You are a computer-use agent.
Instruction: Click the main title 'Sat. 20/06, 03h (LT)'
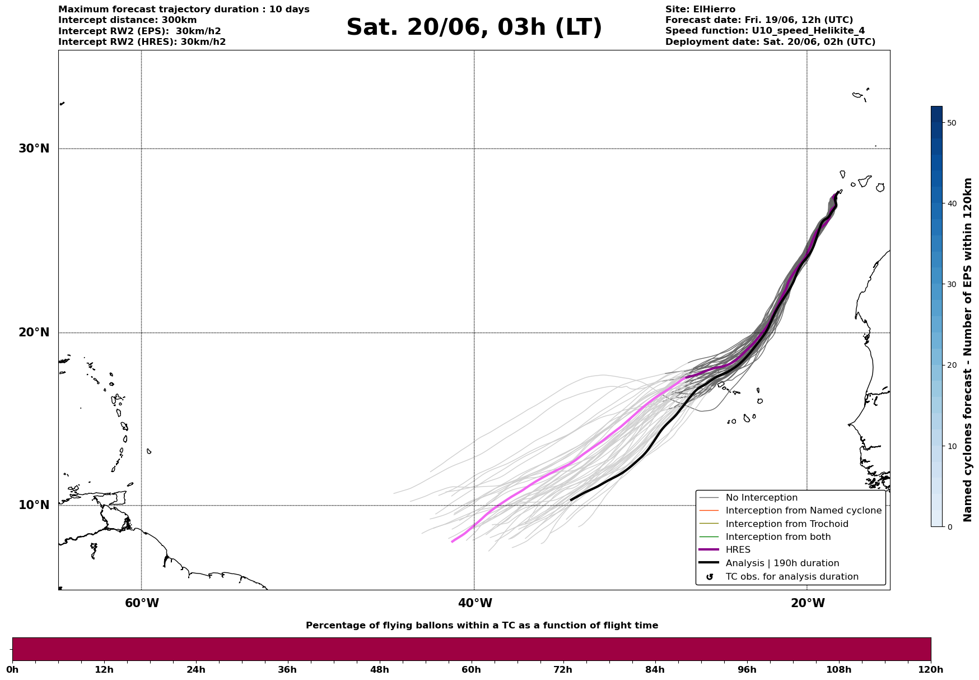pos(474,27)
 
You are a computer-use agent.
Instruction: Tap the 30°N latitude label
pos(34,149)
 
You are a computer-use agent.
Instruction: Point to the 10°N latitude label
pos(34,505)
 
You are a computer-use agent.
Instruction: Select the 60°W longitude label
pos(142,603)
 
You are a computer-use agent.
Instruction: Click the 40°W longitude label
pos(475,603)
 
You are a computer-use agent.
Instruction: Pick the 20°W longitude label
pos(808,603)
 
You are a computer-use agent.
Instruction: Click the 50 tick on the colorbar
pos(951,123)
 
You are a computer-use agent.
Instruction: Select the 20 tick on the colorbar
pos(951,366)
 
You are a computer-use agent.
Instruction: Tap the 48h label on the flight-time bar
pos(379,669)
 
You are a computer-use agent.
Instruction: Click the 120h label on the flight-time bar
pos(930,669)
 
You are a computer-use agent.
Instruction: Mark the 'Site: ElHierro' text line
pos(700,10)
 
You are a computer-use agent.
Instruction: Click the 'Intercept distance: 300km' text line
pos(128,20)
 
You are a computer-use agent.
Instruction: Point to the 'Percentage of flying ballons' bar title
pos(482,626)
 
